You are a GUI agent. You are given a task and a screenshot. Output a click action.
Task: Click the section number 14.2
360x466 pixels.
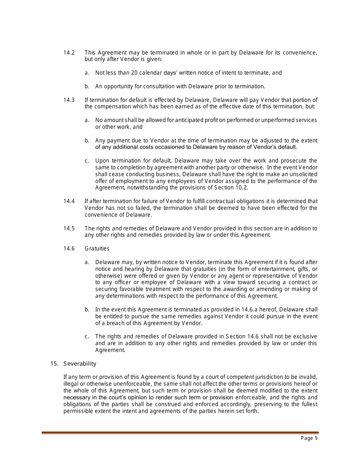(69, 53)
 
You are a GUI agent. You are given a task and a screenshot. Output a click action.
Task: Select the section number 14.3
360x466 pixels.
(69, 100)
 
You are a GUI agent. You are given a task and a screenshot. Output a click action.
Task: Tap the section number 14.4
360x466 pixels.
(69, 201)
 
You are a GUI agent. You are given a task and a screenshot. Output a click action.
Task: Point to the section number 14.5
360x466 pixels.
(69, 228)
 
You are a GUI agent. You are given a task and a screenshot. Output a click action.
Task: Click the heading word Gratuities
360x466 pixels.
(97, 249)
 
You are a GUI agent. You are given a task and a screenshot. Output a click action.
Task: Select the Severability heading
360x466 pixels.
(80, 364)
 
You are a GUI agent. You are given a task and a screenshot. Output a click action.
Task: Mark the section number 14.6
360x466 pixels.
(69, 249)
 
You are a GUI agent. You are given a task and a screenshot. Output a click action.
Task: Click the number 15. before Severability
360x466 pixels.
(54, 364)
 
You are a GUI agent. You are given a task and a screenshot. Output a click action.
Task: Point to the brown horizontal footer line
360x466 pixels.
(180, 432)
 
